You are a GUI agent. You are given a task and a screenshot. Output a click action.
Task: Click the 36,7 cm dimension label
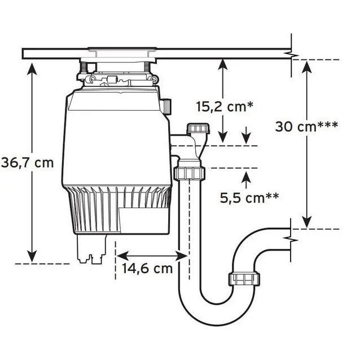tap(27, 163)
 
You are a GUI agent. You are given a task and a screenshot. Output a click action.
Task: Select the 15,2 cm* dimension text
tap(225, 106)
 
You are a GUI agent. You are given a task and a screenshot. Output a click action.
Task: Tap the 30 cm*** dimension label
tap(307, 126)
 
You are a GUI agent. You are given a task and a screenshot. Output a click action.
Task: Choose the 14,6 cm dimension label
tap(147, 268)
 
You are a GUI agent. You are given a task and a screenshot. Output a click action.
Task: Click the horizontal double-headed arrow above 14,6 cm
tap(152, 256)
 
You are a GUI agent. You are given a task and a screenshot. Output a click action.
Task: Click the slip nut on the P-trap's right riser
tap(244, 278)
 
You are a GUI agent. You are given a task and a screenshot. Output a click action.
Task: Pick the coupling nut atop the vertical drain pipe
tap(189, 172)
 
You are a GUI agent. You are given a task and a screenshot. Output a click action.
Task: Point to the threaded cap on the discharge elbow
tap(199, 128)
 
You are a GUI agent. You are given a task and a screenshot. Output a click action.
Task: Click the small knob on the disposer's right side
tap(166, 106)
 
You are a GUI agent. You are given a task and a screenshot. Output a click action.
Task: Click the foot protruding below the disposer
tap(90, 249)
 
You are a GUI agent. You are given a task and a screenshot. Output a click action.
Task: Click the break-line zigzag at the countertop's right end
tap(292, 55)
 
